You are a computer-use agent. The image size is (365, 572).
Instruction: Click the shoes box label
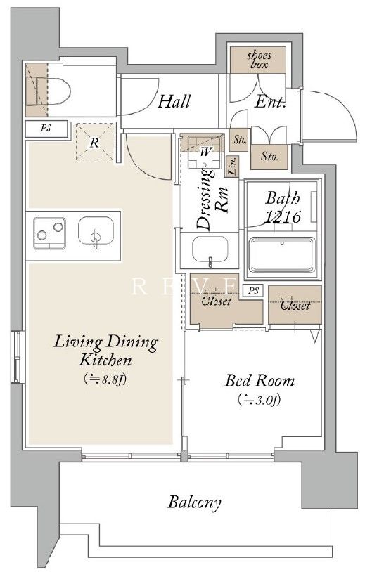(259, 60)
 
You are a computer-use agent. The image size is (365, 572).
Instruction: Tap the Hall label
(174, 101)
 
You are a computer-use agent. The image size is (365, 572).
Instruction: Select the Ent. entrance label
(270, 101)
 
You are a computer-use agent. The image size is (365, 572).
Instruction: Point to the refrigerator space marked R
(95, 142)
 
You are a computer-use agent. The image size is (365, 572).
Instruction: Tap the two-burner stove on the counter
(50, 233)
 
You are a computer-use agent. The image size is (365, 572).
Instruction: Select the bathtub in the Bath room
(282, 254)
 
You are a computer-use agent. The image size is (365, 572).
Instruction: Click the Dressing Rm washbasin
(210, 249)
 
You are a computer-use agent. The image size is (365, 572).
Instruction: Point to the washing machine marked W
(205, 152)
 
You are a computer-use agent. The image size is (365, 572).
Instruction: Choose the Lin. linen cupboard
(232, 167)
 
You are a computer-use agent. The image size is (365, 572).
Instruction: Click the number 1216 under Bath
(282, 216)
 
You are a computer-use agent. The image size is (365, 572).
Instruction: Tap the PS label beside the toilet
(46, 128)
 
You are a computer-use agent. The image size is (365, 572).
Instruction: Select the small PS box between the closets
(254, 291)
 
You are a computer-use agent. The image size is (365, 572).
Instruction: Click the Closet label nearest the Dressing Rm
(217, 301)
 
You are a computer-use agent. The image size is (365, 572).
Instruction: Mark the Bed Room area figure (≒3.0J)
(259, 399)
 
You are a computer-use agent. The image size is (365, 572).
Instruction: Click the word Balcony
(195, 502)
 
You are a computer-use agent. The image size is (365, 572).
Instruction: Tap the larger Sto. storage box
(269, 157)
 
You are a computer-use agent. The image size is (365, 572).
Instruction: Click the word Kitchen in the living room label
(105, 360)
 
